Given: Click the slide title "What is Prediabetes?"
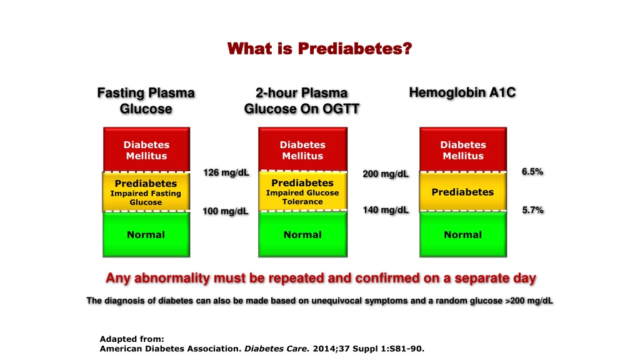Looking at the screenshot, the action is pyautogui.click(x=319, y=49).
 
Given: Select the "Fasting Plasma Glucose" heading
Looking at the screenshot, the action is pyautogui.click(x=146, y=101).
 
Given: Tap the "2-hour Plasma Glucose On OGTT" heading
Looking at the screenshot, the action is pyautogui.click(x=302, y=101).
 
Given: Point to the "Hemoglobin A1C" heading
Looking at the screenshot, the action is pyautogui.click(x=462, y=92).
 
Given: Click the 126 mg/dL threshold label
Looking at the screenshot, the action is pyautogui.click(x=226, y=172).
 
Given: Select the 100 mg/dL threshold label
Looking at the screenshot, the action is pyautogui.click(x=226, y=211).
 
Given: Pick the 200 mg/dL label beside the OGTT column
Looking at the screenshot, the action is pyautogui.click(x=386, y=174).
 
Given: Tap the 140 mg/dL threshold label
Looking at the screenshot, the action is pyautogui.click(x=386, y=210).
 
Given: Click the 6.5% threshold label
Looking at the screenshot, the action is pyautogui.click(x=532, y=172).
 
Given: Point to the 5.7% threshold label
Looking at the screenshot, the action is pyautogui.click(x=532, y=210).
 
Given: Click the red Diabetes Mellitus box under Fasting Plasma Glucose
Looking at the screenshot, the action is pyautogui.click(x=146, y=149).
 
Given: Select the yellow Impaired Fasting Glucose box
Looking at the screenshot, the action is pyautogui.click(x=146, y=192).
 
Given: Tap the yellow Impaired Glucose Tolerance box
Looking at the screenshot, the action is pyautogui.click(x=302, y=191).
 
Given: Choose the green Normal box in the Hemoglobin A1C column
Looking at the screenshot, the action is pyautogui.click(x=463, y=234).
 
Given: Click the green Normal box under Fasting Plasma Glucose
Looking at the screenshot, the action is pyautogui.click(x=146, y=235).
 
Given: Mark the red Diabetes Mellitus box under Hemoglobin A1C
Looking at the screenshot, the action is pyautogui.click(x=463, y=149).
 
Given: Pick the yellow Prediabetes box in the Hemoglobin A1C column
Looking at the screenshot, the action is pyautogui.click(x=463, y=192).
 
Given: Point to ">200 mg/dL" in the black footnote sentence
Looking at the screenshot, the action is pyautogui.click(x=529, y=301).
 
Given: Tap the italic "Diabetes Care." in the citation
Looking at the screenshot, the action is pyautogui.click(x=277, y=349).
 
